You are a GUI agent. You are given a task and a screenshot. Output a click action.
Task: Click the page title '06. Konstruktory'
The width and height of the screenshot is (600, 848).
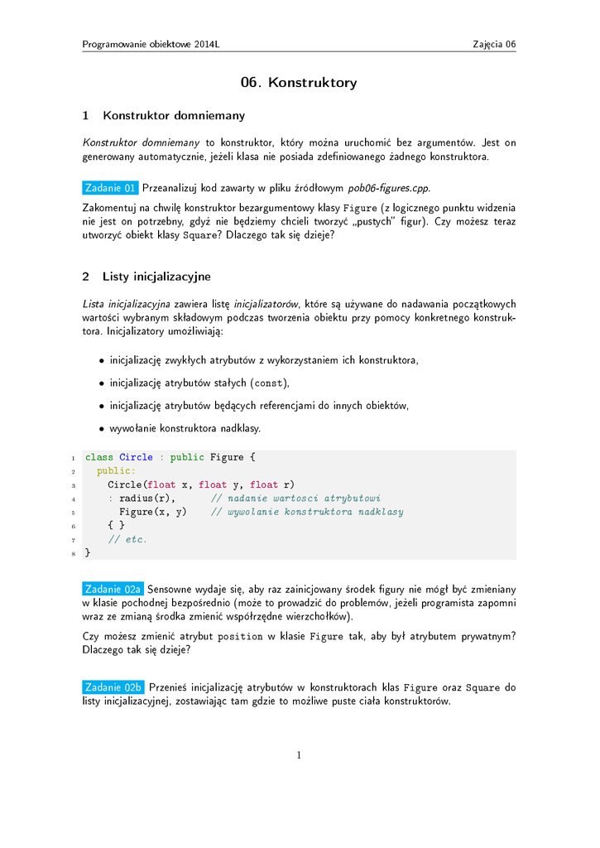click(299, 83)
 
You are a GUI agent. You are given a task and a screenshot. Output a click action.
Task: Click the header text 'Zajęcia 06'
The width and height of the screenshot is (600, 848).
click(494, 44)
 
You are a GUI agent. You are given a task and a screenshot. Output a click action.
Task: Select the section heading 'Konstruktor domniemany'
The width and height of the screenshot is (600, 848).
click(173, 115)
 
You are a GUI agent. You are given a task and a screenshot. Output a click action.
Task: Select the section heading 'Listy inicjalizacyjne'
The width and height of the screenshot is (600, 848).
click(156, 276)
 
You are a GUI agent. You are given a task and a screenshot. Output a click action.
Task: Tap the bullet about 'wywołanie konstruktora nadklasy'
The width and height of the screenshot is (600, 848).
click(185, 428)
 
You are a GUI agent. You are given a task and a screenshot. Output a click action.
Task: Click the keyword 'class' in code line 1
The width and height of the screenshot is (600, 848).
click(99, 457)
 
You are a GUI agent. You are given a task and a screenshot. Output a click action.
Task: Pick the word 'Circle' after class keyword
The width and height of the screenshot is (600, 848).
click(136, 457)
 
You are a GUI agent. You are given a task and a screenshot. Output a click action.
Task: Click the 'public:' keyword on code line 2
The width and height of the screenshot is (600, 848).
click(116, 470)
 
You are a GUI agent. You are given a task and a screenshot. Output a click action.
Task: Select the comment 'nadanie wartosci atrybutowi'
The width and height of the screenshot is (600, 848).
click(295, 499)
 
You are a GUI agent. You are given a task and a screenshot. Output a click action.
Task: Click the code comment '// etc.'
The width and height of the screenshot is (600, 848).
click(127, 539)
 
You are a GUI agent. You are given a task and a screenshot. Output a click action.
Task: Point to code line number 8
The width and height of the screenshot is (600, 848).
click(74, 553)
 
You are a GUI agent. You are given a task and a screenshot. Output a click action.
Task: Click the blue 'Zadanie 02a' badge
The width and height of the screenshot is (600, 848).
click(113, 589)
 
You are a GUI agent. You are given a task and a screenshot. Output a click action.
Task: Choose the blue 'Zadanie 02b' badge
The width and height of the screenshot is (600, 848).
click(113, 687)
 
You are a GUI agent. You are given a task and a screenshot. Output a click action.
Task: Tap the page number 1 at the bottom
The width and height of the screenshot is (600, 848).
click(300, 754)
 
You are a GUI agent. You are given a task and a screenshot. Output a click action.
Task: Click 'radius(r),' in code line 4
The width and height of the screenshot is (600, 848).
click(146, 499)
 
